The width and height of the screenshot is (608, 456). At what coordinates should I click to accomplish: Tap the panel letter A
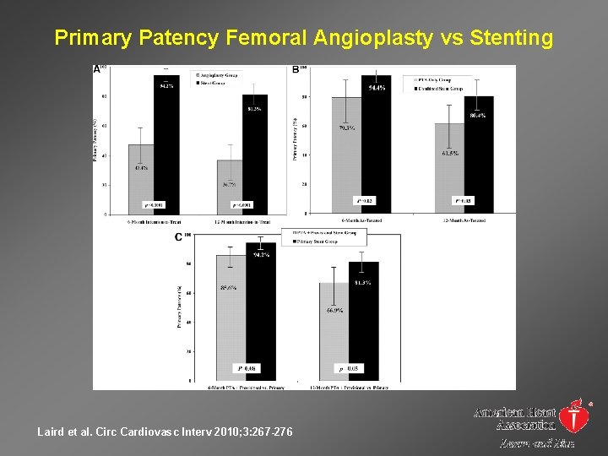[96, 70]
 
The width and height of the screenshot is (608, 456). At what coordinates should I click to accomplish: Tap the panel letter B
[296, 70]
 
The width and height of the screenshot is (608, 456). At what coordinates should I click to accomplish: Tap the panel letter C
[178, 237]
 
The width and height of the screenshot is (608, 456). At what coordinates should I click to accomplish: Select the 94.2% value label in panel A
[166, 85]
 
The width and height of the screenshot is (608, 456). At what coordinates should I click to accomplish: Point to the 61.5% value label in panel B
[450, 154]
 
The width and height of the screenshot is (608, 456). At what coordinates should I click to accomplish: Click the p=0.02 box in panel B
[363, 201]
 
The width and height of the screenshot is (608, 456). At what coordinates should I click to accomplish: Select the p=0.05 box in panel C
[347, 369]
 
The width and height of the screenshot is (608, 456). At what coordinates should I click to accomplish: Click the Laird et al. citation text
[166, 432]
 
